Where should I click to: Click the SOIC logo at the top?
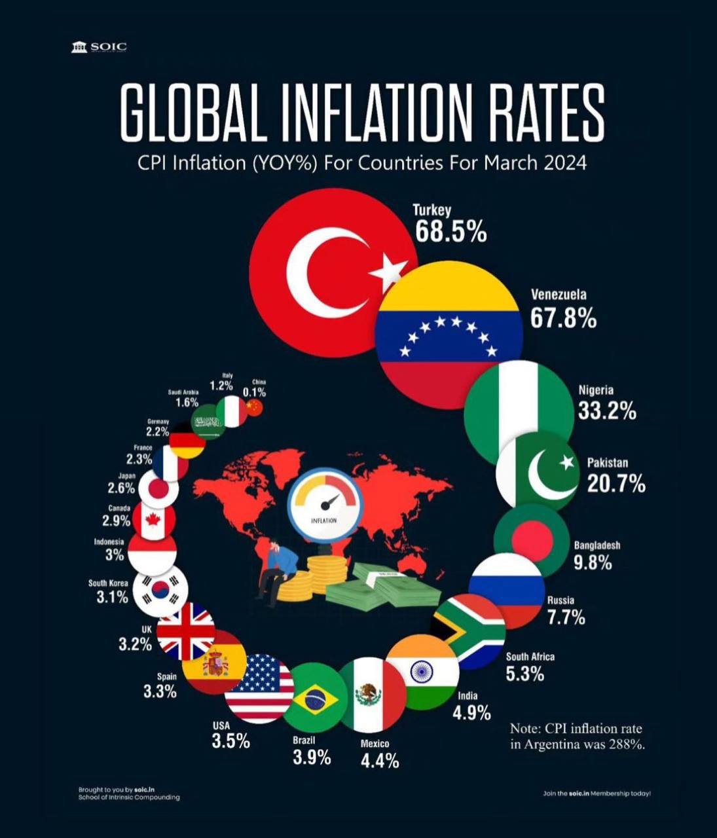(x=99, y=46)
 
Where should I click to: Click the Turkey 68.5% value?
(x=450, y=232)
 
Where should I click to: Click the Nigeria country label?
(x=596, y=390)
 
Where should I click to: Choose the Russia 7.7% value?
(x=566, y=617)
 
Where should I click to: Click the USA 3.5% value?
(x=230, y=741)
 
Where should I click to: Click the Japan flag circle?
(x=158, y=488)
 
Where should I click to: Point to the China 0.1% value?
(x=254, y=392)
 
